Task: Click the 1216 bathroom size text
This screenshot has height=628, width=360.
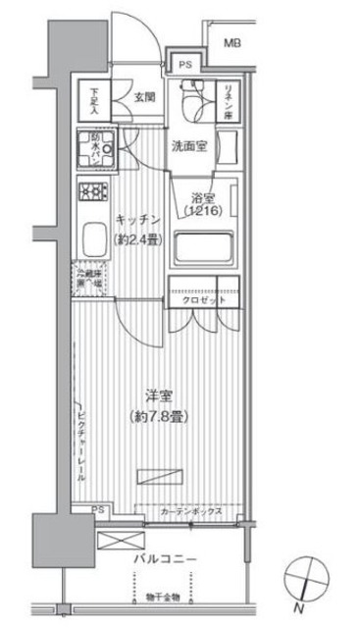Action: click(x=204, y=209)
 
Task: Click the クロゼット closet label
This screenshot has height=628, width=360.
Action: click(x=204, y=302)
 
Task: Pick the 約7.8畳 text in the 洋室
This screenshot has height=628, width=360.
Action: click(x=158, y=416)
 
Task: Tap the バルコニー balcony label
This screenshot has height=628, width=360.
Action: click(x=166, y=559)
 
